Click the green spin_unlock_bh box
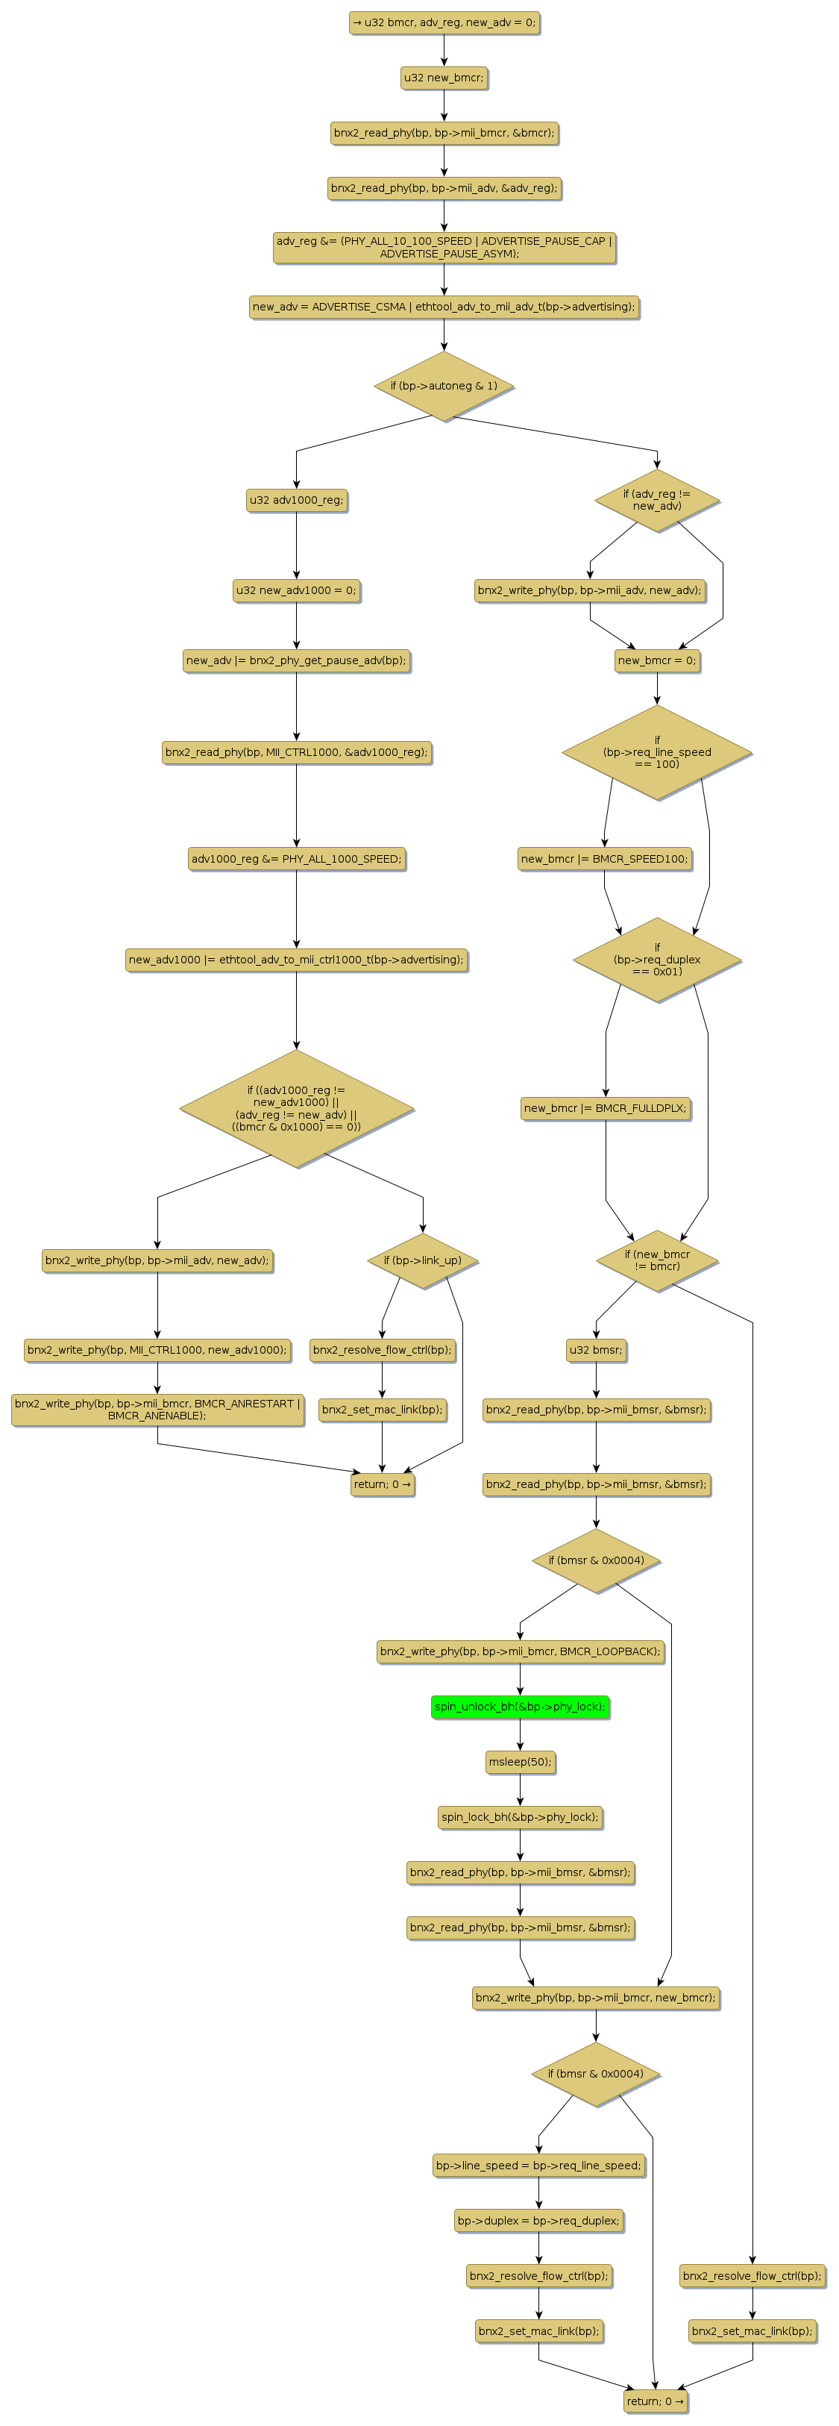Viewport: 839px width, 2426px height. (520, 1707)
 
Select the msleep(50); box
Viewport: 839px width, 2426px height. (520, 1761)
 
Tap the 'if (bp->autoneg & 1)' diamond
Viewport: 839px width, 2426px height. (444, 385)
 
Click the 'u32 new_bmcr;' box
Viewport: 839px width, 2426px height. (444, 77)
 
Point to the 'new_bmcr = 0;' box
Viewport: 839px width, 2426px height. (656, 660)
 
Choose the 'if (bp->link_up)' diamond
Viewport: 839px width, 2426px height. (422, 1260)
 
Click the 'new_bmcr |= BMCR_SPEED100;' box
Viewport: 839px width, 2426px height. (605, 858)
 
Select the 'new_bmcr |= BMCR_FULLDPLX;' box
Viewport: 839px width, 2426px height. (605, 1107)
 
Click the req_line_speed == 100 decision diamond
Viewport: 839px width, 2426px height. (656, 751)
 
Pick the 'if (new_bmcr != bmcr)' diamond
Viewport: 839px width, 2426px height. (656, 1260)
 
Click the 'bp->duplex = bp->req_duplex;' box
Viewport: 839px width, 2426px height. (538, 2220)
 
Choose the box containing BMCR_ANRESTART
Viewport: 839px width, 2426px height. (157, 1409)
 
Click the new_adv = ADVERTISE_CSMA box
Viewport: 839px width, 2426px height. (444, 306)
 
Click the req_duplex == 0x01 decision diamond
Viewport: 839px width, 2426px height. (656, 960)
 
